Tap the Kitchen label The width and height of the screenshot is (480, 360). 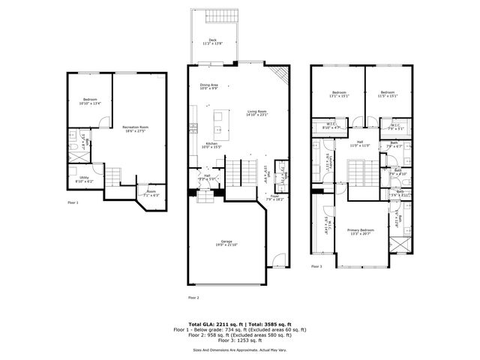[x=211, y=145]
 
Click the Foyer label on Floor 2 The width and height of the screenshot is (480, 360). [x=275, y=198]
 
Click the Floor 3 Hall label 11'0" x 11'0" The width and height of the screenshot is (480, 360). [x=360, y=143]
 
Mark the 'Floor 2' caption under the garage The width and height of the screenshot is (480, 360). [x=193, y=297]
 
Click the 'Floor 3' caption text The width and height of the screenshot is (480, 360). [x=316, y=265]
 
